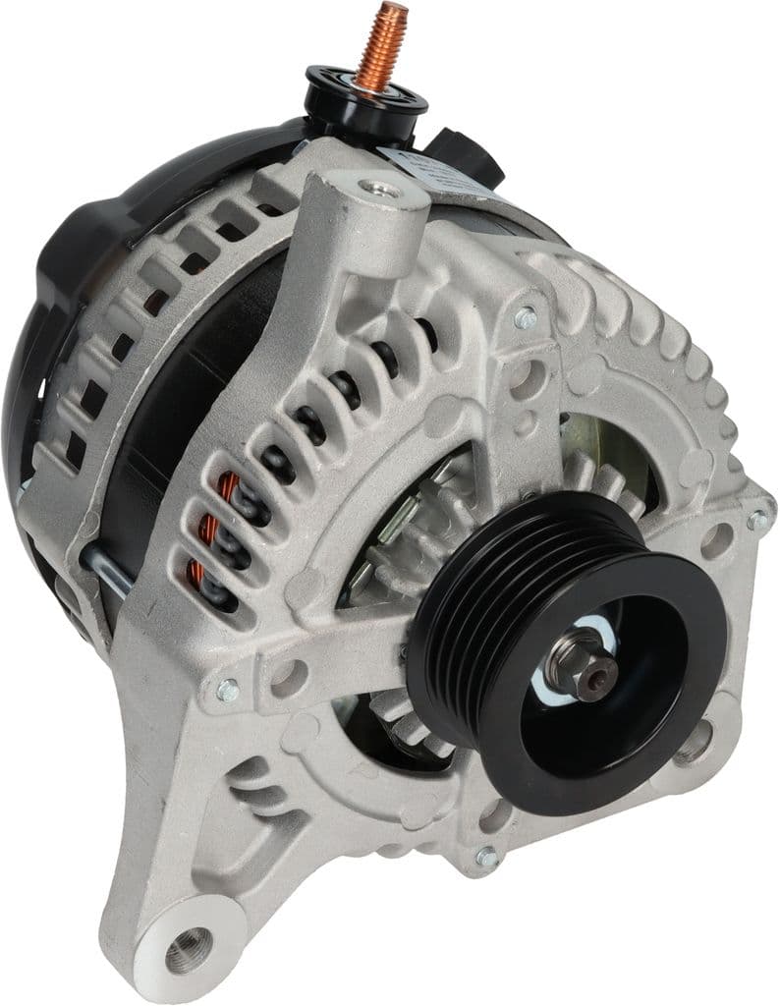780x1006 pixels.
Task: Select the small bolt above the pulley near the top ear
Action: [525, 316]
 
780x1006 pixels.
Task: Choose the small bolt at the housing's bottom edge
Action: [485, 858]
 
